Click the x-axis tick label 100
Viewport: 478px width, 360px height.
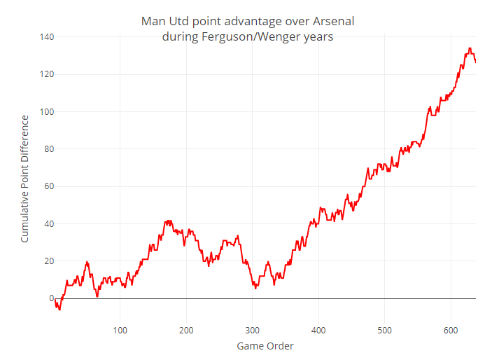(120, 330)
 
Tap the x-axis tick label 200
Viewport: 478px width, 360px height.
(186, 330)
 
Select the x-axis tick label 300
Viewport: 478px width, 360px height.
(253, 330)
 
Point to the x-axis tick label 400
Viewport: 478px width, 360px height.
(318, 330)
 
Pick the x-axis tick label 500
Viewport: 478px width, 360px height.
(385, 330)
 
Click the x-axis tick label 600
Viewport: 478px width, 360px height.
(451, 330)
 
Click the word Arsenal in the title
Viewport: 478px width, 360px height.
(332, 21)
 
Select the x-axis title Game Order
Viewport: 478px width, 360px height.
(265, 346)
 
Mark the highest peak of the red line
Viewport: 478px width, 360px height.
(470, 48)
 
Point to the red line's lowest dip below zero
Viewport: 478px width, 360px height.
(59, 310)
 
